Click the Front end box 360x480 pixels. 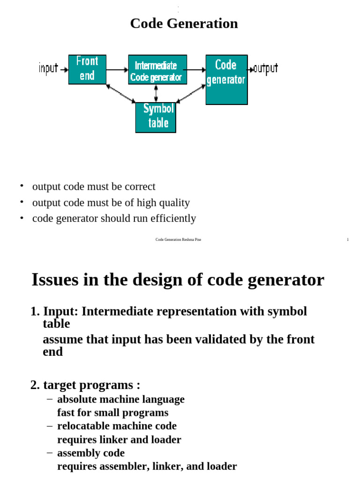click(x=87, y=69)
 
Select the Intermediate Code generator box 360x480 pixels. click(x=156, y=70)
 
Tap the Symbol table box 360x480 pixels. click(x=156, y=117)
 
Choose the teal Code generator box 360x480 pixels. click(x=226, y=79)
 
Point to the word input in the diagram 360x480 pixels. click(x=48, y=68)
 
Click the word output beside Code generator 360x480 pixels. click(x=266, y=68)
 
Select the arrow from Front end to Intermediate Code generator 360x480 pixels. click(x=117, y=70)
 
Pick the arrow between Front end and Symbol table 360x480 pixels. click(x=120, y=93)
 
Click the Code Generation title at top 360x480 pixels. click(x=184, y=23)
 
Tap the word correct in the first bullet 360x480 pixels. click(x=140, y=187)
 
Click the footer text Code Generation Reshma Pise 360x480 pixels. click(x=178, y=240)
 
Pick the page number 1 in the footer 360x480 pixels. click(x=348, y=240)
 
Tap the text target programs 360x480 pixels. click(x=91, y=385)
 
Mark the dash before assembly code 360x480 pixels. click(x=50, y=453)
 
